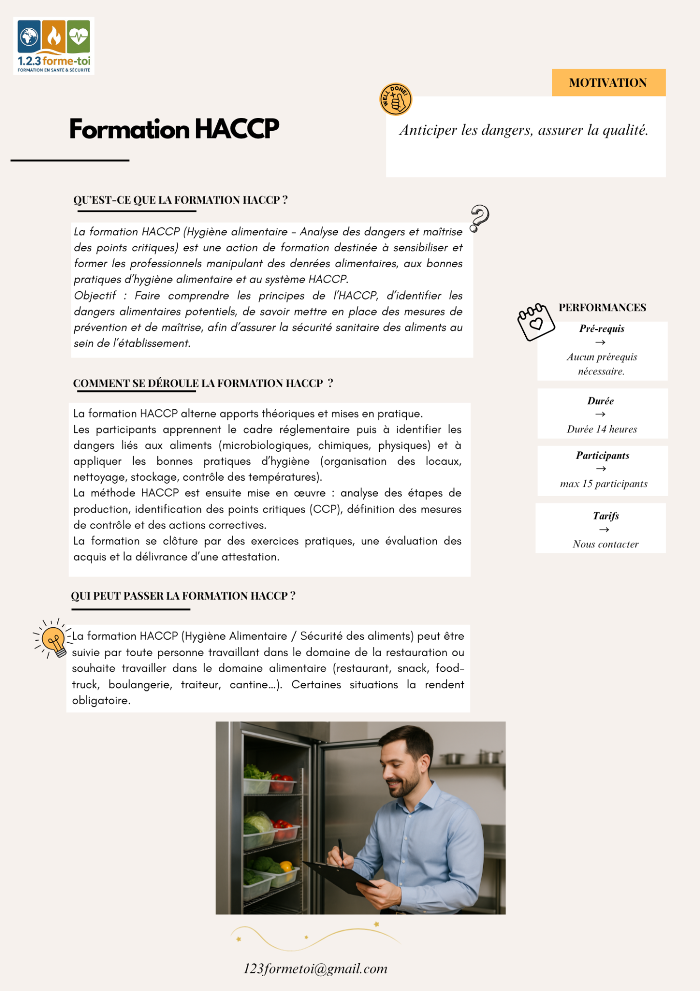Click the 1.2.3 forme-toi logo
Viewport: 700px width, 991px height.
click(x=54, y=46)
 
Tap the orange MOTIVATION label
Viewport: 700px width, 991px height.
click(x=608, y=83)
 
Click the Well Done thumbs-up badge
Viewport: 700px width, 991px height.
click(x=395, y=99)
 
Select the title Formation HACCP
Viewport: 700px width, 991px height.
click(x=174, y=129)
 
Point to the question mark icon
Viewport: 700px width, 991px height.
click(x=480, y=218)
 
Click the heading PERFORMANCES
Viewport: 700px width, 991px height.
click(x=602, y=308)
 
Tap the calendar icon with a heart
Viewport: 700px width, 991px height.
click(x=536, y=322)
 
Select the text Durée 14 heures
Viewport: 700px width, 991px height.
click(x=602, y=429)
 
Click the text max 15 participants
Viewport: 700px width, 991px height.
click(x=603, y=484)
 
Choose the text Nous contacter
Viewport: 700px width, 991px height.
click(x=605, y=544)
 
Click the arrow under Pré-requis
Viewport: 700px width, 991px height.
click(x=601, y=342)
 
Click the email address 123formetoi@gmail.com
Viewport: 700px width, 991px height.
click(x=315, y=968)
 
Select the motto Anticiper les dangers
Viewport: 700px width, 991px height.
click(x=524, y=130)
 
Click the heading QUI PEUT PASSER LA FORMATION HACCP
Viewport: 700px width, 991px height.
click(x=183, y=596)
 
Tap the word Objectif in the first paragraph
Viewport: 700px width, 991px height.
click(x=95, y=296)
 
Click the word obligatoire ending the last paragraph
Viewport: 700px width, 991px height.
click(x=100, y=701)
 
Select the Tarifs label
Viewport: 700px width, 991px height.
click(x=606, y=516)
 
